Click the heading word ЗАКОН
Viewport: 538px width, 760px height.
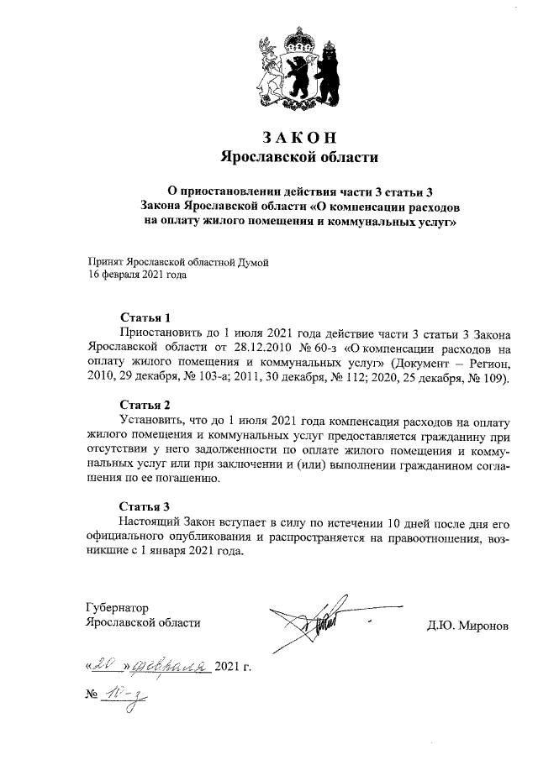coord(299,138)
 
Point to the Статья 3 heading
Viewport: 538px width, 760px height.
coord(145,506)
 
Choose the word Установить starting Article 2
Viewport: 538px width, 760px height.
coord(153,420)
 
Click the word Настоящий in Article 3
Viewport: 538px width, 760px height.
coord(150,522)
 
